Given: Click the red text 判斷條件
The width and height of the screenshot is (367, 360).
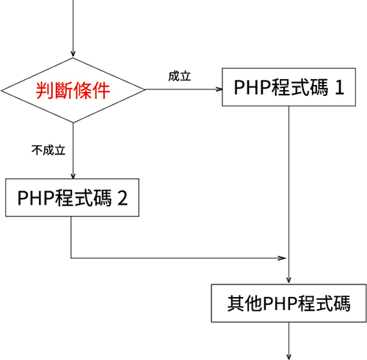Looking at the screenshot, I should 73,91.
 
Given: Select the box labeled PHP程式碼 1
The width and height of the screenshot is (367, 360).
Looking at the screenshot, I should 289,88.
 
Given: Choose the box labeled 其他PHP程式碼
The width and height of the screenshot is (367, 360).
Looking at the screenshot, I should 288,303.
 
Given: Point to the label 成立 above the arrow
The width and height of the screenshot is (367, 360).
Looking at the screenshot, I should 180,76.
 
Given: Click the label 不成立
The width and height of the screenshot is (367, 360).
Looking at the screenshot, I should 48,150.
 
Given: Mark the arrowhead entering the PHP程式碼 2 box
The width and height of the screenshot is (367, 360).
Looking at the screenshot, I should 73,175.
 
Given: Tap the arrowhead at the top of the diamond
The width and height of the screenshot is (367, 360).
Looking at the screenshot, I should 73,54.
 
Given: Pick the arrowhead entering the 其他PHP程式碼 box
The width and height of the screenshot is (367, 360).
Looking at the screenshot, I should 289,280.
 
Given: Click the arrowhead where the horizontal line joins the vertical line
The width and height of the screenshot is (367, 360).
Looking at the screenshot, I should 284,258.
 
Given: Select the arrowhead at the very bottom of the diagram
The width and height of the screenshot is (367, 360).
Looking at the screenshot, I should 289,355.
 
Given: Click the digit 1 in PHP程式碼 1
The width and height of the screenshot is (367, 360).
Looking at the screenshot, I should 339,88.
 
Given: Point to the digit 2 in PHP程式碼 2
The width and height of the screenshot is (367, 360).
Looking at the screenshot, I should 123,198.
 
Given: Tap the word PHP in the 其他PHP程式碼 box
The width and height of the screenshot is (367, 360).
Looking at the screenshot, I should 280,303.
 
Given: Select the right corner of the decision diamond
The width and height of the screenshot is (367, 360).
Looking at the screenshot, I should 145,90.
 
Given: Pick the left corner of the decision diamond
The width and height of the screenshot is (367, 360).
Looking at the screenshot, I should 1,90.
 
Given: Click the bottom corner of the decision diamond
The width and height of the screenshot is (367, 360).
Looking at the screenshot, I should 73,123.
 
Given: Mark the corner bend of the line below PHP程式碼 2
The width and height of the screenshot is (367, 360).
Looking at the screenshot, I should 71,258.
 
